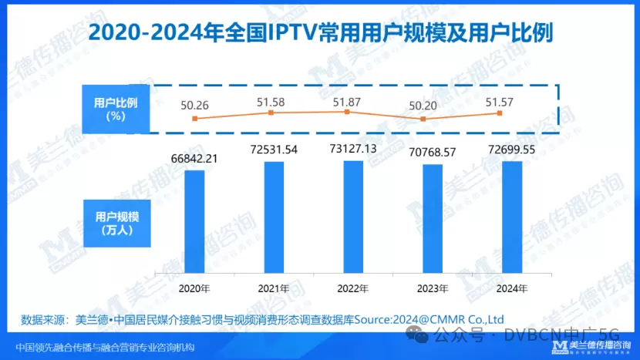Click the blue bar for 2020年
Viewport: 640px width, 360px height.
pyautogui.click(x=194, y=220)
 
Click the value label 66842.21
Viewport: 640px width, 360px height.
pyautogui.click(x=194, y=159)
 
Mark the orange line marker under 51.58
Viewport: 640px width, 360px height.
pyautogui.click(x=271, y=113)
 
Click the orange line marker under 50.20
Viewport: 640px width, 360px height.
pyautogui.click(x=423, y=119)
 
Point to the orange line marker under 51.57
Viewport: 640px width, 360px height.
pyautogui.click(x=500, y=113)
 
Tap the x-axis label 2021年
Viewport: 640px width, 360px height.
pyautogui.click(x=274, y=288)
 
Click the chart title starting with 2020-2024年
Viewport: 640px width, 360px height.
pyautogui.click(x=319, y=34)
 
